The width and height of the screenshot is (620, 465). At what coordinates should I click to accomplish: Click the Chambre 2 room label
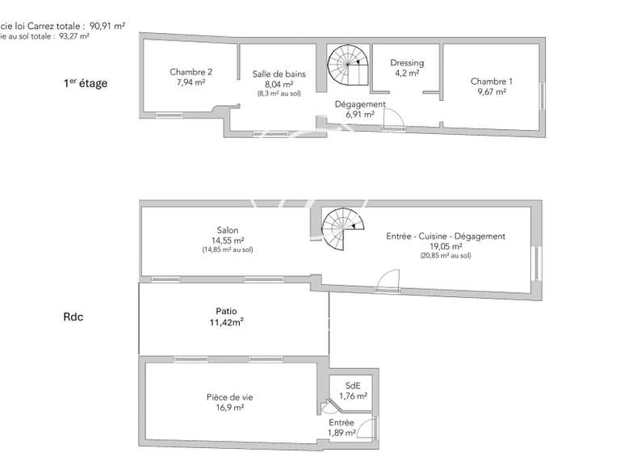click(191, 71)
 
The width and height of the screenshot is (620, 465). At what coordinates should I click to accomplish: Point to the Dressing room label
click(407, 63)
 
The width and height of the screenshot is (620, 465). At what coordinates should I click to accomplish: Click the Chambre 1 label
click(491, 81)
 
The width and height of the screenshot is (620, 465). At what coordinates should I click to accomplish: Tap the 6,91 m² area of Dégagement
click(359, 115)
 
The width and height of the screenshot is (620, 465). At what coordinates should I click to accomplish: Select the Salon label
click(228, 230)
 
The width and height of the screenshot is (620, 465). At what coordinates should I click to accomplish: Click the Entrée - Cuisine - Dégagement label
click(446, 237)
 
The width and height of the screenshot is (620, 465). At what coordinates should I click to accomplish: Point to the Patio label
click(227, 311)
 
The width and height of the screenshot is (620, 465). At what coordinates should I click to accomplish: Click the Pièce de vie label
click(230, 397)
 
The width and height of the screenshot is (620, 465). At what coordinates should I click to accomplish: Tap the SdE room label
click(353, 385)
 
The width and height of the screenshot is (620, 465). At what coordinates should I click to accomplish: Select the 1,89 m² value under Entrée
click(341, 434)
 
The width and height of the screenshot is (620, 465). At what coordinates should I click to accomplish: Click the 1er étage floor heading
click(86, 82)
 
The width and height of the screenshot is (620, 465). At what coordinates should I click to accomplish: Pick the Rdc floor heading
click(73, 317)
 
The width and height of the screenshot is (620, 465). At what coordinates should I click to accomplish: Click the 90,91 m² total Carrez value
click(107, 26)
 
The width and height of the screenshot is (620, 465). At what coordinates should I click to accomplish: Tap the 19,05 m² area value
click(446, 246)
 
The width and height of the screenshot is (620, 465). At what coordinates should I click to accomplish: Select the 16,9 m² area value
click(230, 408)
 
